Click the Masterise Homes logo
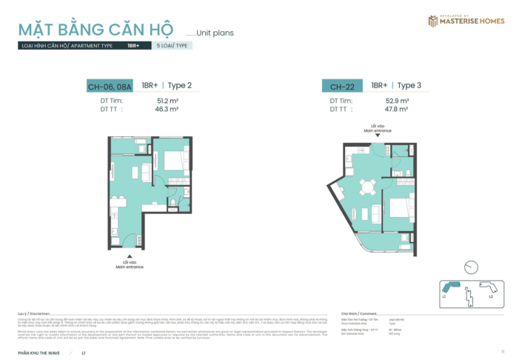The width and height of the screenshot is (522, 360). pos(466,21)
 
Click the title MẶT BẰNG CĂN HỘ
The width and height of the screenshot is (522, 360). pos(96,30)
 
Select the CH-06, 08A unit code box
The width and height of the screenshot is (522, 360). pos(110,87)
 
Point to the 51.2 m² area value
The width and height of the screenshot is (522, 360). pos(167,100)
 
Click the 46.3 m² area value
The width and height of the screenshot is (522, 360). pos(167,109)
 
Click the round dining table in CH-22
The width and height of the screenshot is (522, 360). pos(363,186)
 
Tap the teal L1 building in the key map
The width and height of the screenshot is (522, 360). pos(450,287)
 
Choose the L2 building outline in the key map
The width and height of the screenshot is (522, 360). pos(490,287)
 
